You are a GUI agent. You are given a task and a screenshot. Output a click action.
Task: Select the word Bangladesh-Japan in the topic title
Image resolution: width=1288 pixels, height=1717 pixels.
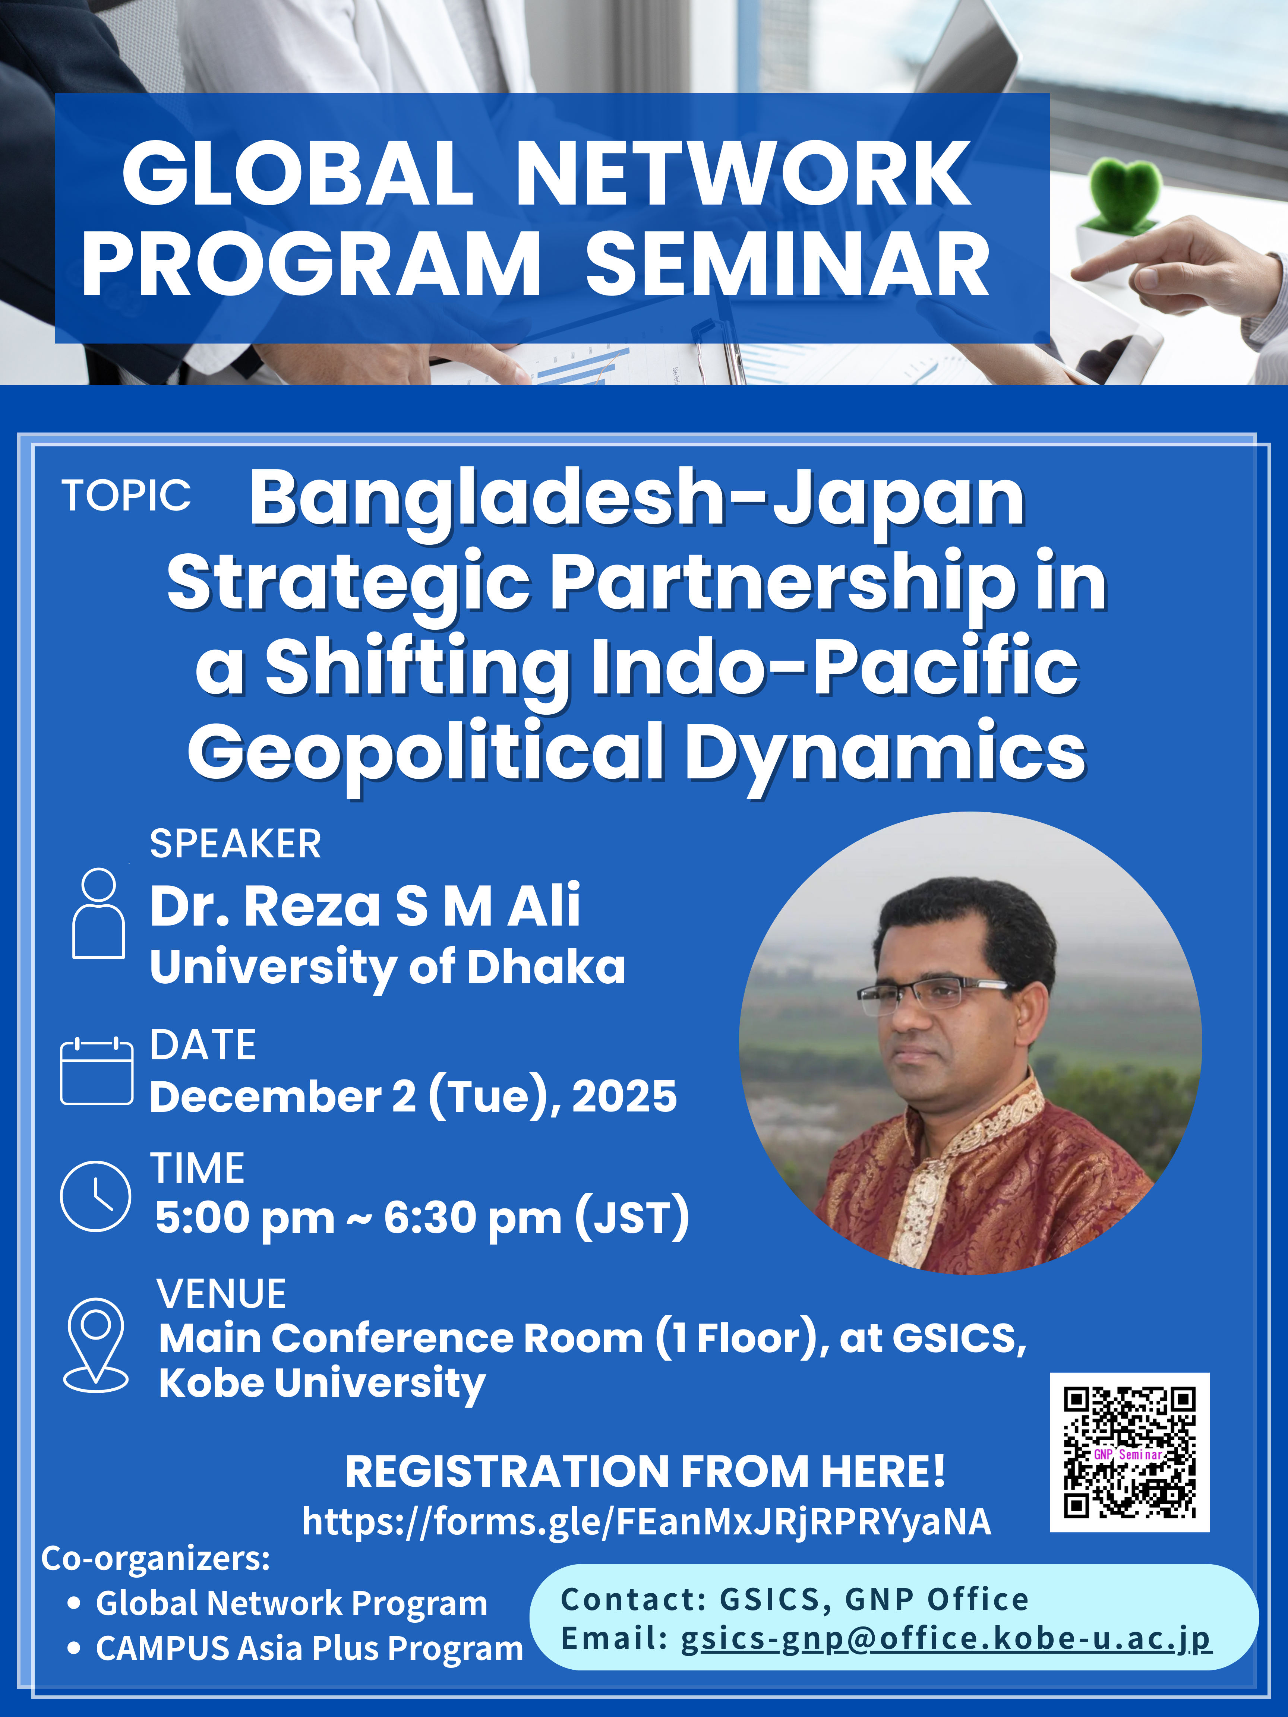pos(637,501)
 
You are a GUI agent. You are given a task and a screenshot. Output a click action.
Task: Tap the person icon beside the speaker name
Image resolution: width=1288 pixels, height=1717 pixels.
pos(98,913)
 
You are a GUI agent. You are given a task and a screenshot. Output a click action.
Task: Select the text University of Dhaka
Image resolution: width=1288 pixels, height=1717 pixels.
pos(388,968)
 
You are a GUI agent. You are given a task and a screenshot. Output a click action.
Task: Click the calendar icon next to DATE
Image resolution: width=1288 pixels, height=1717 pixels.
pos(96,1071)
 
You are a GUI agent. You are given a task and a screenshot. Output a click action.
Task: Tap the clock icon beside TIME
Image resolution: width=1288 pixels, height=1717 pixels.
pos(95,1196)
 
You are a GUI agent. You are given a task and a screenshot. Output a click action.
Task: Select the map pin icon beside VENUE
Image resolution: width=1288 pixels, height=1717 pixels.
pos(95,1345)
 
